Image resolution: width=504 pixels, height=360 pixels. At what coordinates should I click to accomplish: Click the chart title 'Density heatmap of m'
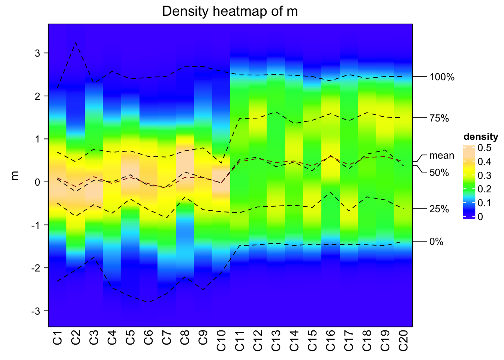(230, 11)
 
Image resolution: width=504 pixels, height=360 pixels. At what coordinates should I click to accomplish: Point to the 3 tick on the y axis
(37, 53)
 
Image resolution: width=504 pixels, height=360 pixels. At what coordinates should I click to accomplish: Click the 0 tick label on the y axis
(37, 182)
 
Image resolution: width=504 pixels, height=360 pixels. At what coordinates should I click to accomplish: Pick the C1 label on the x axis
(57, 337)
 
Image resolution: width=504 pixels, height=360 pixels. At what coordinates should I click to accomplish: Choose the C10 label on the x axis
(221, 340)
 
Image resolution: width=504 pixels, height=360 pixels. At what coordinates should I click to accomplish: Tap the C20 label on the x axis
(403, 340)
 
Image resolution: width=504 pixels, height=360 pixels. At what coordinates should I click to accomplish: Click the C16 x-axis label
(330, 340)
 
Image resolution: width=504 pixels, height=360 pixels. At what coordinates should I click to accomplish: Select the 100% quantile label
(442, 77)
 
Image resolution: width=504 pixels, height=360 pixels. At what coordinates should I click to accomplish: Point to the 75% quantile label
(439, 118)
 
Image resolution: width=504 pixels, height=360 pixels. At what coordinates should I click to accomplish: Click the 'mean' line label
(441, 155)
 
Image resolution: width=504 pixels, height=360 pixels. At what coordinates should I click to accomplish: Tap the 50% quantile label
(439, 173)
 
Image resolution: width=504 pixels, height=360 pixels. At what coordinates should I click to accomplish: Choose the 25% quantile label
(439, 209)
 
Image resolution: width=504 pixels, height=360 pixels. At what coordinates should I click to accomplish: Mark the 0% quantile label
(436, 242)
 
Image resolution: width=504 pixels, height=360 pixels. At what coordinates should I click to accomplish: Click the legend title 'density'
(481, 136)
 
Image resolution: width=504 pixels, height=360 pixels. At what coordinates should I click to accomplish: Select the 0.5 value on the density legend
(484, 148)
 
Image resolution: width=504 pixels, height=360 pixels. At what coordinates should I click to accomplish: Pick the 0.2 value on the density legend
(484, 189)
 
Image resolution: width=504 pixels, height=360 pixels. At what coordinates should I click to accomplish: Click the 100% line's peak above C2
(76, 43)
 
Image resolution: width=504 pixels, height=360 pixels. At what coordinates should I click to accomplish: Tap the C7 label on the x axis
(166, 337)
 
